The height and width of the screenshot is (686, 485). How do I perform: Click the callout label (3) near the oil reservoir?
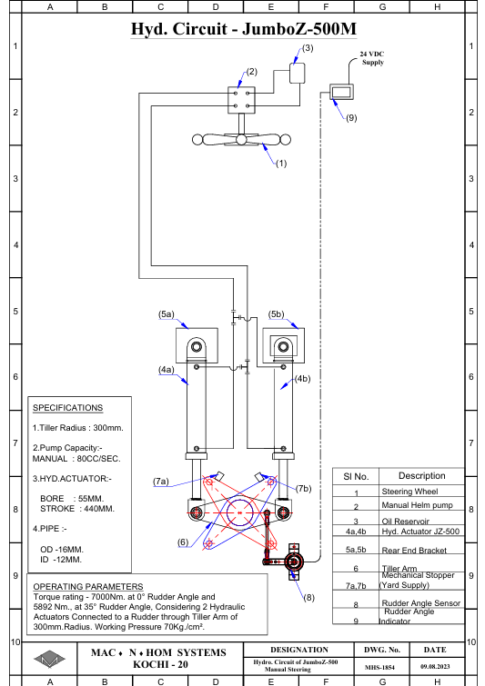click(x=308, y=47)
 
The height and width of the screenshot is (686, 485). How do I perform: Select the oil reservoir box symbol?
click(x=297, y=73)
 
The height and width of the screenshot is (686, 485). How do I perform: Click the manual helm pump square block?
click(x=241, y=100)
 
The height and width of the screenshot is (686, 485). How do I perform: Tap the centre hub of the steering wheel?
click(x=241, y=140)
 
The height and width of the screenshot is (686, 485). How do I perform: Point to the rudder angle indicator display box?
click(x=341, y=93)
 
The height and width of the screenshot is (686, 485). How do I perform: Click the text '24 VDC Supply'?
click(x=372, y=58)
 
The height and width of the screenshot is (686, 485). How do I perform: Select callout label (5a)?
click(x=166, y=314)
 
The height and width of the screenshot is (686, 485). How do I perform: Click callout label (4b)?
click(x=302, y=379)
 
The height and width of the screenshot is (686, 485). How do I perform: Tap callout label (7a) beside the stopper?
click(x=161, y=482)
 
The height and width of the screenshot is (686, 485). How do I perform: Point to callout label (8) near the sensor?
click(x=308, y=597)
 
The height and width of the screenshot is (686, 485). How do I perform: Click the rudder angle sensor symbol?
click(x=294, y=562)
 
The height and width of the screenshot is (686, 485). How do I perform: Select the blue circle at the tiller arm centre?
click(x=240, y=512)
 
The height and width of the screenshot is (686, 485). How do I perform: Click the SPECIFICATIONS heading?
click(x=68, y=408)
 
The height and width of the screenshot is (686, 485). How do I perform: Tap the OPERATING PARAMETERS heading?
click(x=88, y=587)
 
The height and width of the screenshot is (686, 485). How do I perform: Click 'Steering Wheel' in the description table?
click(x=409, y=492)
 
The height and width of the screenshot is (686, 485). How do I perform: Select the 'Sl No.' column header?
click(x=356, y=476)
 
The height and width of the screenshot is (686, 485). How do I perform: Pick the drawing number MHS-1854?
click(x=379, y=667)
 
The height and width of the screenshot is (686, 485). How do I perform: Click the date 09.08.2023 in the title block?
click(x=435, y=667)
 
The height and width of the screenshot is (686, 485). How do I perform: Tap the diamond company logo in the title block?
click(x=49, y=659)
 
